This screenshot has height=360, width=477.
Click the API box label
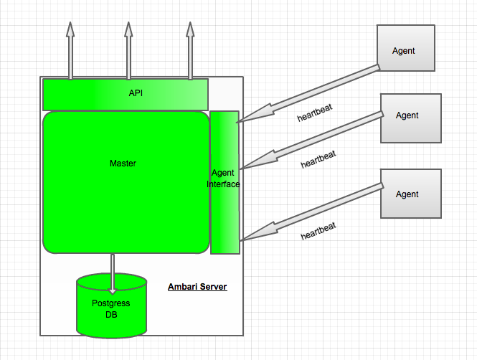click(136, 93)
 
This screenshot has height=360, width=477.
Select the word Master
click(123, 164)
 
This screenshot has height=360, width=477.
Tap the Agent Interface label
click(223, 179)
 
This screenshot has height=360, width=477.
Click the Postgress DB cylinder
click(112, 305)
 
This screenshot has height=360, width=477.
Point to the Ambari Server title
click(197, 287)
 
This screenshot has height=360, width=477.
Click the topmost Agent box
click(406, 48)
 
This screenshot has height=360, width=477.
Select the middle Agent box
click(411, 118)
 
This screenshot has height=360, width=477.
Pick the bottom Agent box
click(411, 194)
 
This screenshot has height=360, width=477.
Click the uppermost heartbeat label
click(315, 113)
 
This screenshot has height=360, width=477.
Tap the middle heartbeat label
click(318, 159)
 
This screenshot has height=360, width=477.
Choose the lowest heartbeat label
click(318, 231)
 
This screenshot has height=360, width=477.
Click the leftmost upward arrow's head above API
click(70, 29)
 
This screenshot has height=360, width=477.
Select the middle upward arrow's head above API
click(128, 29)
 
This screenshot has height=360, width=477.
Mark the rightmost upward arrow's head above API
click(190, 29)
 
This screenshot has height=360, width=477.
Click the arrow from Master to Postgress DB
click(113, 274)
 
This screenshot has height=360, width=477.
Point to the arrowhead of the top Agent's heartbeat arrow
click(255, 114)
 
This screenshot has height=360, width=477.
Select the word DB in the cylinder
click(111, 315)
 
